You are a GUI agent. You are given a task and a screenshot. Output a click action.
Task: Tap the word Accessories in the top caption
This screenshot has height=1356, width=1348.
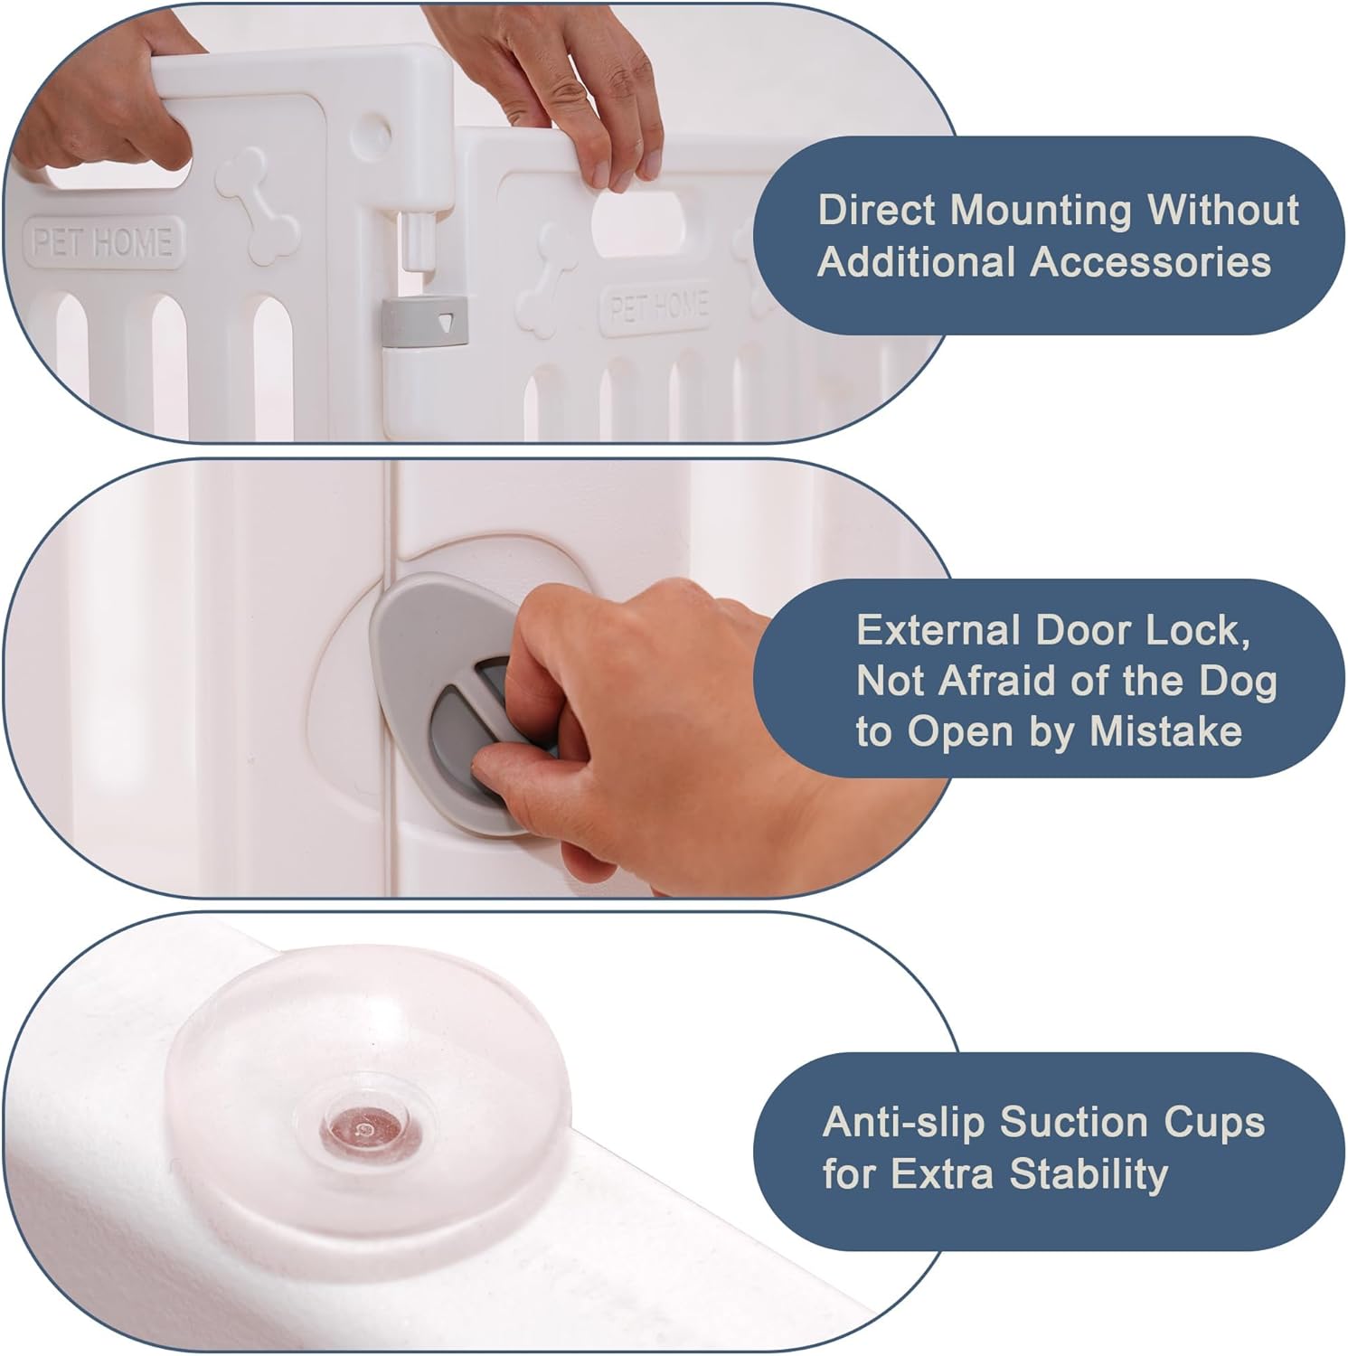[1150, 262]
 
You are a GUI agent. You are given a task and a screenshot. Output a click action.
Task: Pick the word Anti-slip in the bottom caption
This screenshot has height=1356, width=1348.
[904, 1123]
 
